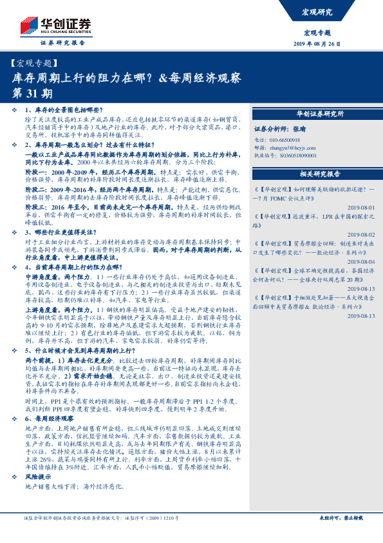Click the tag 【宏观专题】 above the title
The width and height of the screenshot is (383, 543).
(35, 63)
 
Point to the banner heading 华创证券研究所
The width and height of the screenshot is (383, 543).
(320, 114)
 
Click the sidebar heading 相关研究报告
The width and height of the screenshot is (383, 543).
(320, 174)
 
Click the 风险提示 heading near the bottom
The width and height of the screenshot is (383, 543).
(39, 475)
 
